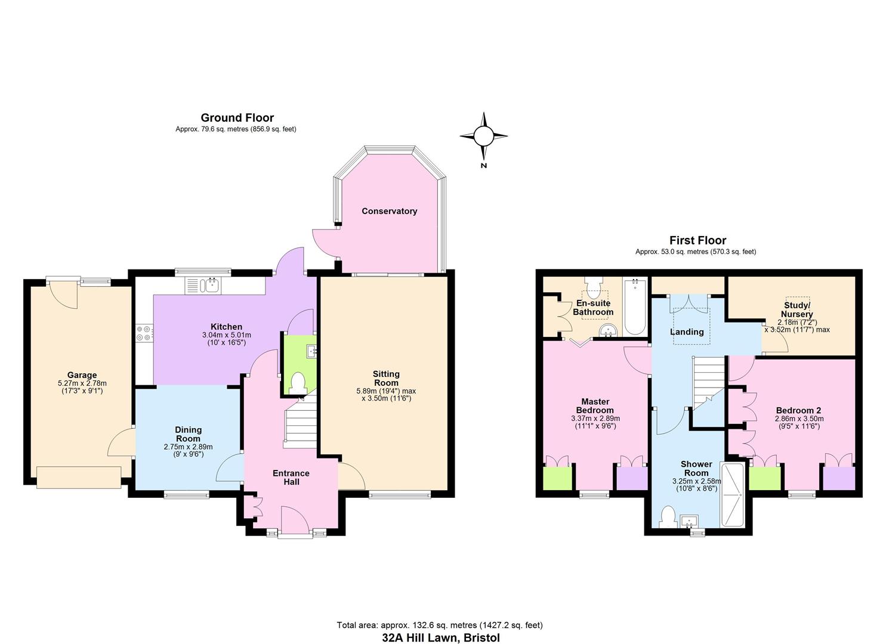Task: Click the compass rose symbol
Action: pyautogui.click(x=484, y=137)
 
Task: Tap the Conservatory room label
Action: pyautogui.click(x=389, y=211)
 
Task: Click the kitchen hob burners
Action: pyautogui.click(x=144, y=332)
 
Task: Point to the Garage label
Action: pyautogui.click(x=82, y=376)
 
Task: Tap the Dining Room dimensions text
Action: pyautogui.click(x=188, y=450)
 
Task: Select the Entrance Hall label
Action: pyautogui.click(x=291, y=477)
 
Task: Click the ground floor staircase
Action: pyautogui.click(x=300, y=423)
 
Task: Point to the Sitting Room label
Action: pyautogui.click(x=386, y=378)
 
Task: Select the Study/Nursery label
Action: pyautogui.click(x=797, y=309)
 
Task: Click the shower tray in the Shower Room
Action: pyautogui.click(x=733, y=494)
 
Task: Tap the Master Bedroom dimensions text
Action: pyautogui.click(x=595, y=422)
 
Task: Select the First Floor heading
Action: pyautogui.click(x=697, y=240)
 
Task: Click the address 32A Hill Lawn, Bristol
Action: pyautogui.click(x=441, y=637)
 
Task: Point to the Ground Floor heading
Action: pyautogui.click(x=237, y=118)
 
